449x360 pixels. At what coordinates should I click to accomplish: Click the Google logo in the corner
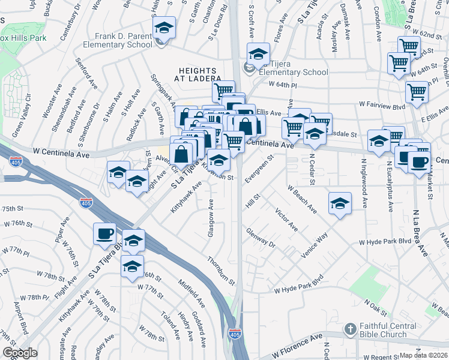coord(20,353)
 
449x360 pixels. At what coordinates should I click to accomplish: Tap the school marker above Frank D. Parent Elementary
coord(163,28)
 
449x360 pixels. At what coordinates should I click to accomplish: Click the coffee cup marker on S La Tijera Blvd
coord(105,233)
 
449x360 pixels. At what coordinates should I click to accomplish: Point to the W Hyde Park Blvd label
coord(384,242)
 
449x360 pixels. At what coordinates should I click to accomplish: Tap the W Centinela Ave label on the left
coord(61,154)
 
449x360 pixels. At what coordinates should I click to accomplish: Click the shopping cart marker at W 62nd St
coord(409,46)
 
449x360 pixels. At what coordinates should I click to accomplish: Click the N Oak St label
coord(379,308)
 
